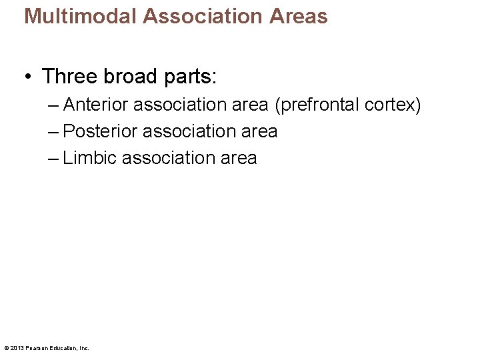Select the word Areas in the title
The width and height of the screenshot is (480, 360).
pyautogui.click(x=299, y=16)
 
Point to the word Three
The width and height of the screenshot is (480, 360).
pyautogui.click(x=70, y=76)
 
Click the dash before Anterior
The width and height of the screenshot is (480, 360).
pyautogui.click(x=53, y=105)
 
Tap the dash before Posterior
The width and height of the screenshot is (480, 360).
pyautogui.click(x=53, y=131)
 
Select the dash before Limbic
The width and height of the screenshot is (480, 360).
pyautogui.click(x=53, y=158)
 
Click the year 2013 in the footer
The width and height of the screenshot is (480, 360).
pyautogui.click(x=17, y=348)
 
